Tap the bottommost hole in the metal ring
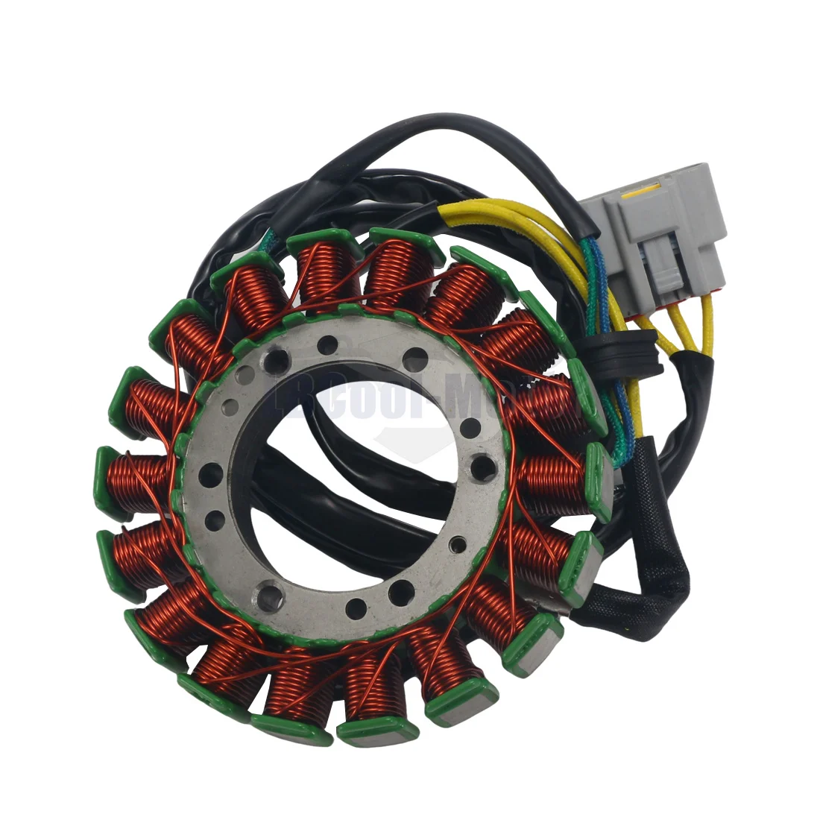pos(356,605)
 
